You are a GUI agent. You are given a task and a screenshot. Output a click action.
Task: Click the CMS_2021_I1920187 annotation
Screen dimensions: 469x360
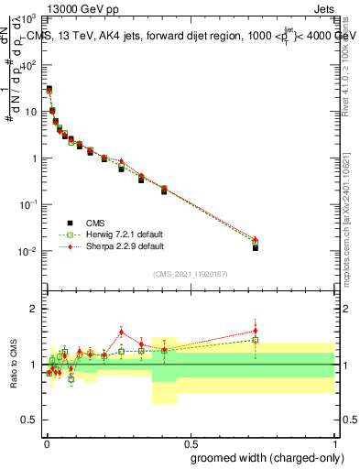coord(190,273)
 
